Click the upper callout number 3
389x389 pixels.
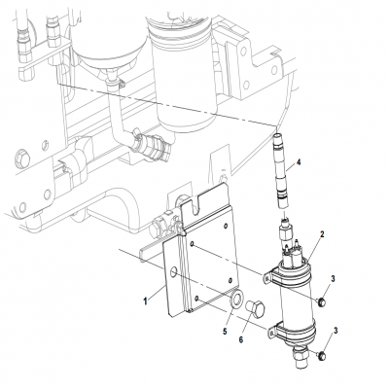point(333,279)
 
